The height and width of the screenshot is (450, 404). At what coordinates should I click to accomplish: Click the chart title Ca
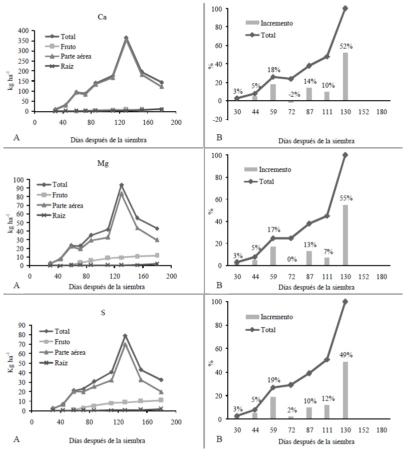click(101, 17)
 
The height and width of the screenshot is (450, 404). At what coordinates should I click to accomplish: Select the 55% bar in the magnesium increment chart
click(345, 235)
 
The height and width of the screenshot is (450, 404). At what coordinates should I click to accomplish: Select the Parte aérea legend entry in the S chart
click(70, 353)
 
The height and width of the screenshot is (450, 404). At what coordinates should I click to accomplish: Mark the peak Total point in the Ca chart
click(126, 38)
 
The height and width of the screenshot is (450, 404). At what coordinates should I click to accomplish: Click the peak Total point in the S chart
click(125, 336)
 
